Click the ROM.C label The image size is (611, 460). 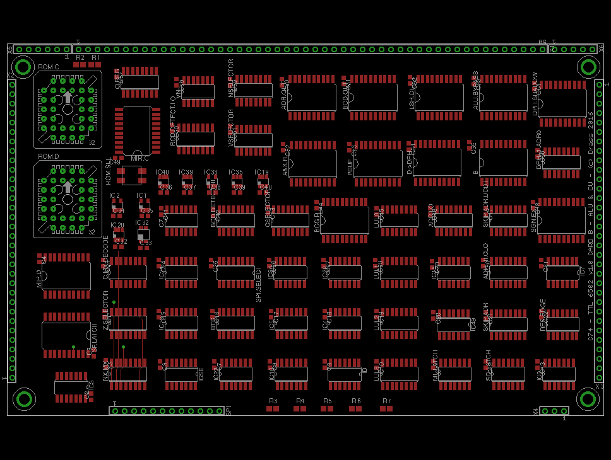49,67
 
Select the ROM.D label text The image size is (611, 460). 49,156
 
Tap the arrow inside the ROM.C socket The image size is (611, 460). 68,97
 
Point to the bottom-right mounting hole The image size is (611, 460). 587,399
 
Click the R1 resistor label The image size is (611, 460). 95,57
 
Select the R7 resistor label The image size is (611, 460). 386,401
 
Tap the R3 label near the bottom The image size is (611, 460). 273,401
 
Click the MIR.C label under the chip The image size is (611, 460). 139,158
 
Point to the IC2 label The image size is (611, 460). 114,195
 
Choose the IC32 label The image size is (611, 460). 141,222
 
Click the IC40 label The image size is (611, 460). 162,172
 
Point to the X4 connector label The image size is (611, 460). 536,411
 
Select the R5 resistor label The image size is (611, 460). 327,401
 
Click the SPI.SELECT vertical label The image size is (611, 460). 259,284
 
